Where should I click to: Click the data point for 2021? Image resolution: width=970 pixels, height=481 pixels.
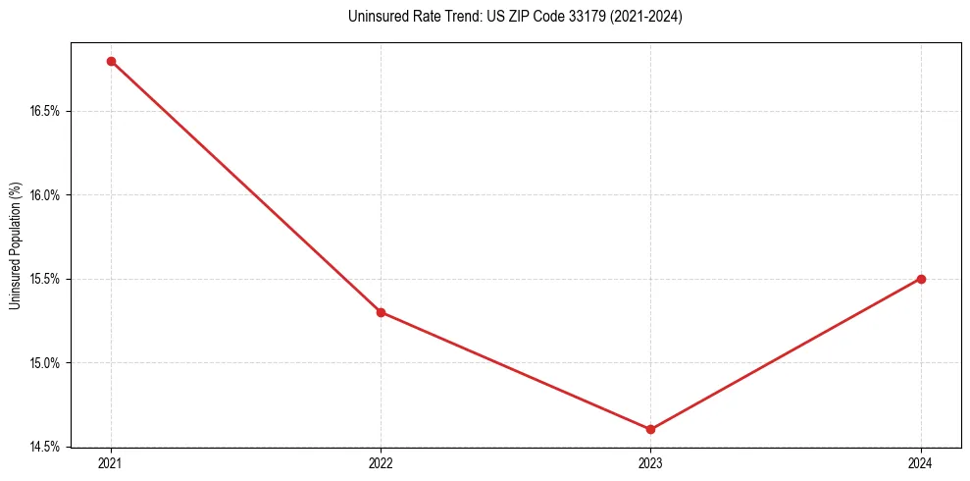click(x=111, y=61)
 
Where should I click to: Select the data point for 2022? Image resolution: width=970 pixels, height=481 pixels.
click(x=381, y=312)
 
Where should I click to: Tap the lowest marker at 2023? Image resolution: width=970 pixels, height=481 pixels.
click(x=650, y=429)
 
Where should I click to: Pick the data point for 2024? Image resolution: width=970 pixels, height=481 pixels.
click(x=921, y=279)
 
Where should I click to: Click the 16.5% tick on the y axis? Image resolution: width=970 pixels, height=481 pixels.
click(x=45, y=112)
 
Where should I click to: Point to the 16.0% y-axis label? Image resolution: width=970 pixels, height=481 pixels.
click(x=45, y=195)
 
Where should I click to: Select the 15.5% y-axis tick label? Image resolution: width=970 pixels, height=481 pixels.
click(x=45, y=279)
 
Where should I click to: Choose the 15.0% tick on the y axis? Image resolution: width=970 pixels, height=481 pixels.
click(x=45, y=363)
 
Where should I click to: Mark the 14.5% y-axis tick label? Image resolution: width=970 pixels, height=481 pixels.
click(x=45, y=447)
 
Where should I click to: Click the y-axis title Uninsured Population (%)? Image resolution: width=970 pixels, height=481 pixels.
click(x=15, y=245)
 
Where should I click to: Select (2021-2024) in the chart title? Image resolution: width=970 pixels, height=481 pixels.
click(x=645, y=17)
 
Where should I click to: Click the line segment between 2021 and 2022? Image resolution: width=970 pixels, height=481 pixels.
click(x=245, y=187)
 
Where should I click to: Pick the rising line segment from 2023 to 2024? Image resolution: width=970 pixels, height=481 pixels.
click(x=786, y=354)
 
